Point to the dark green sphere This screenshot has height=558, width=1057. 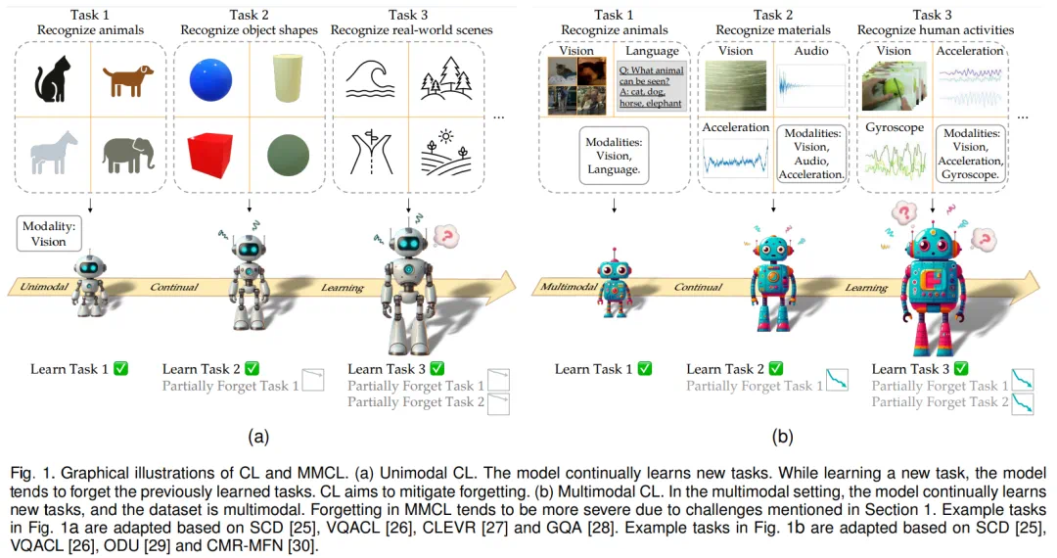point(287,155)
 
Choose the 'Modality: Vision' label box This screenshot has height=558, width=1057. point(48,233)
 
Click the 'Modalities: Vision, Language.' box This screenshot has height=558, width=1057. point(613,156)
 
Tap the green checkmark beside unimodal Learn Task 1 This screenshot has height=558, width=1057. point(121,369)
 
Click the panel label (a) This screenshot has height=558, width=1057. point(258,437)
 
